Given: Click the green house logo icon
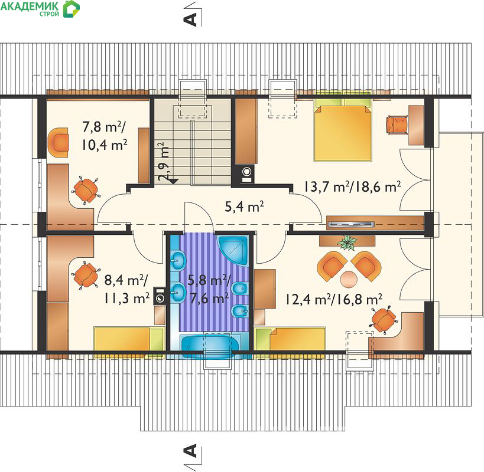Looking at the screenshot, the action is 72,9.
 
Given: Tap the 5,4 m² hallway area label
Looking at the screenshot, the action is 244,206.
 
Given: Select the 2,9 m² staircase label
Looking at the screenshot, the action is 164,161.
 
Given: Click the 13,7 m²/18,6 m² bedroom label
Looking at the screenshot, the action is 352,186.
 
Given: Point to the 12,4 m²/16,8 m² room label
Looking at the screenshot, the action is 334,299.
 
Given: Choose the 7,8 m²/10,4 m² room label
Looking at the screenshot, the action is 105,136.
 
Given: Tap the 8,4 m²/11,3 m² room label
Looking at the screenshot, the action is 126,289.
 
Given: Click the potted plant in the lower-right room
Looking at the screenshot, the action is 347,242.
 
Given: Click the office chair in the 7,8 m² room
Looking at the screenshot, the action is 86,190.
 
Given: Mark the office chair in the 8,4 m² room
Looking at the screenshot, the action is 86,275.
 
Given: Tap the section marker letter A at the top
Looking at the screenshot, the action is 190,19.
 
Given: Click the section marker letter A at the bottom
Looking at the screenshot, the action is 190,451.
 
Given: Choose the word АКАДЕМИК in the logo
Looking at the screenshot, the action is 30,6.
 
